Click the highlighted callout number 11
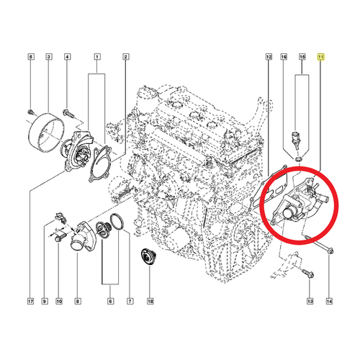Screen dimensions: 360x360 320,57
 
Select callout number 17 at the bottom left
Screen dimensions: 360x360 30,301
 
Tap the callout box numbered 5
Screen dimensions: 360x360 30,57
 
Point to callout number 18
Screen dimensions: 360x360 150,301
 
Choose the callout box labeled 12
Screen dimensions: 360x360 269,57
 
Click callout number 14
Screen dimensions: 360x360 329,301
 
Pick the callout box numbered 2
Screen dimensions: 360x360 125,57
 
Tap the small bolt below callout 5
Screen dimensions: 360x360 31,112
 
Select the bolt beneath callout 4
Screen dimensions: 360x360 67,113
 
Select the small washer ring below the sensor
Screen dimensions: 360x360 298,158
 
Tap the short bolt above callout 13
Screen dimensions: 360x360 308,274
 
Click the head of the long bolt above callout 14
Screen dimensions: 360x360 330,251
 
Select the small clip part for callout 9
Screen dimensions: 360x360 60,217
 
